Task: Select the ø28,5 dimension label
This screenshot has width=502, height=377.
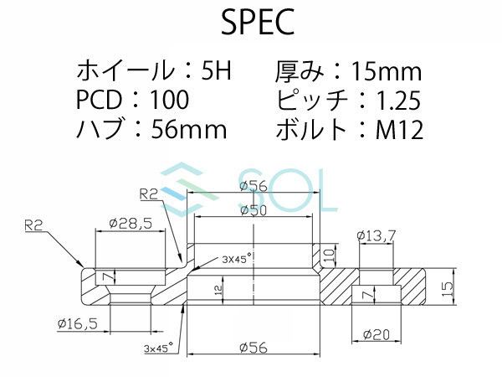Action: click(130, 225)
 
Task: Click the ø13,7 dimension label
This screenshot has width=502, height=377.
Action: click(375, 236)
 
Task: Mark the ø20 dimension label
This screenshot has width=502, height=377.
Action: click(377, 334)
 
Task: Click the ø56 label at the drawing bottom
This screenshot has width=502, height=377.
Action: click(254, 345)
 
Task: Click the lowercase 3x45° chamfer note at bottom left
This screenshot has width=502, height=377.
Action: click(157, 344)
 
